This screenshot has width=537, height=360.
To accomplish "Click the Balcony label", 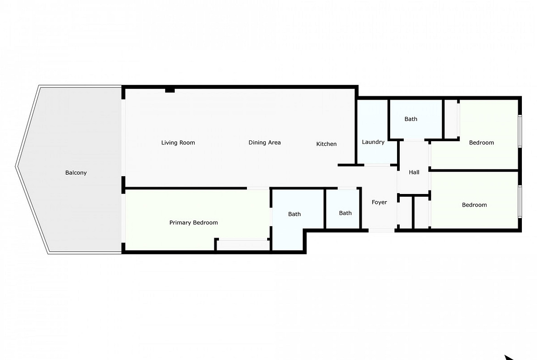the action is [76, 173].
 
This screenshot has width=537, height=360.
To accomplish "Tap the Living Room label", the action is [178, 143].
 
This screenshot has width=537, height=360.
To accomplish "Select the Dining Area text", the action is [265, 143].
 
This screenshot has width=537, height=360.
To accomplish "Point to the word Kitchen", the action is [326, 144].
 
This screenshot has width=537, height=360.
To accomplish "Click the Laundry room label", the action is [373, 142].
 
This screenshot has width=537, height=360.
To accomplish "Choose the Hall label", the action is [414, 172].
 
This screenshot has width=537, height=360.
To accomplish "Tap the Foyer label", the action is [380, 202].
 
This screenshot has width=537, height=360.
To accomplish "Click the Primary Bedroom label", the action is [194, 223].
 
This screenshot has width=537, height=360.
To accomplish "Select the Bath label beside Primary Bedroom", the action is [295, 214].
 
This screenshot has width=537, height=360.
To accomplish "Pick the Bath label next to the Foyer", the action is [345, 213].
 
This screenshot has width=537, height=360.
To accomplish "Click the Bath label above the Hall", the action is [411, 119].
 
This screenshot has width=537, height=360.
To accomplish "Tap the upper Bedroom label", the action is [481, 143].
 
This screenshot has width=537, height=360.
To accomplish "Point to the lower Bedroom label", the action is [474, 205].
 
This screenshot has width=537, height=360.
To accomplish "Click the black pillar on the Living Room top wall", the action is [170, 90].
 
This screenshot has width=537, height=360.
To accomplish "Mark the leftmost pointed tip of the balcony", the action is [16, 166].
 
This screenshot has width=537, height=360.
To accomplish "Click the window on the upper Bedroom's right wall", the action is [520, 131].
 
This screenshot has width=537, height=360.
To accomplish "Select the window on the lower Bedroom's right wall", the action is [520, 201].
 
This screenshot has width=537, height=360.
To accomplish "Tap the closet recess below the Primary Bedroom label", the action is [243, 245].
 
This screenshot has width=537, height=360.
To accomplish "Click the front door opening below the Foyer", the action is [381, 231].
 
